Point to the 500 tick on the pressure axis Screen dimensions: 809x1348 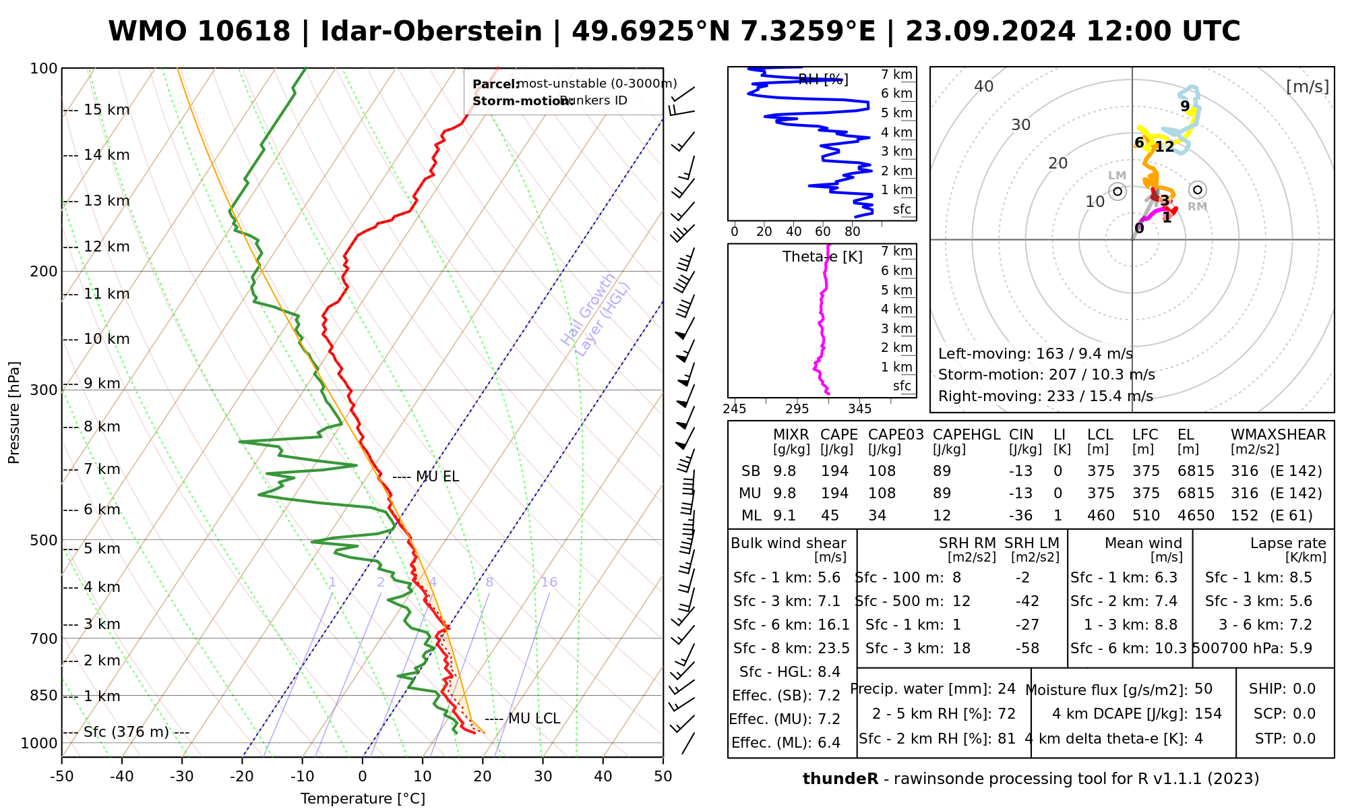coord(44,540)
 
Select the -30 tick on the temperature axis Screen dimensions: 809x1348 coord(182,777)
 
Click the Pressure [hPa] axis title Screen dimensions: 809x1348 coord(14,413)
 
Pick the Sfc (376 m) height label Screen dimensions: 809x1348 coord(126,732)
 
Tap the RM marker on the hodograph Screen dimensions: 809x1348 coord(1197,190)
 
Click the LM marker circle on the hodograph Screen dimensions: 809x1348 coord(1117,191)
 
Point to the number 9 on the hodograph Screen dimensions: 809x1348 coord(1185,107)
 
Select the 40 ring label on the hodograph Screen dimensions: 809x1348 coord(984,86)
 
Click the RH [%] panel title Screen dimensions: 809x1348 coord(823,80)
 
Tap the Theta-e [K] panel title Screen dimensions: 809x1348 coord(822,257)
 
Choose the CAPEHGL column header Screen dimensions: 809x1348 coord(967,435)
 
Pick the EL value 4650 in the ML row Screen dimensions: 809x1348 coord(1196,516)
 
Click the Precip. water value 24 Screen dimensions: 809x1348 coord(1006,689)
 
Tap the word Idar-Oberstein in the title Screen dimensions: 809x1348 coord(431,32)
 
